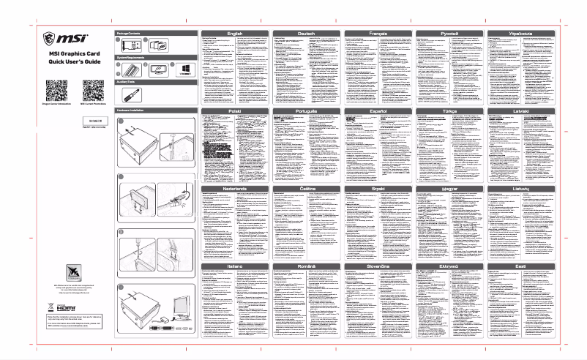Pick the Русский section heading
tap(449, 34)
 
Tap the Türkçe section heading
tap(449, 110)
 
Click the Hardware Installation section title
tap(132, 108)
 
